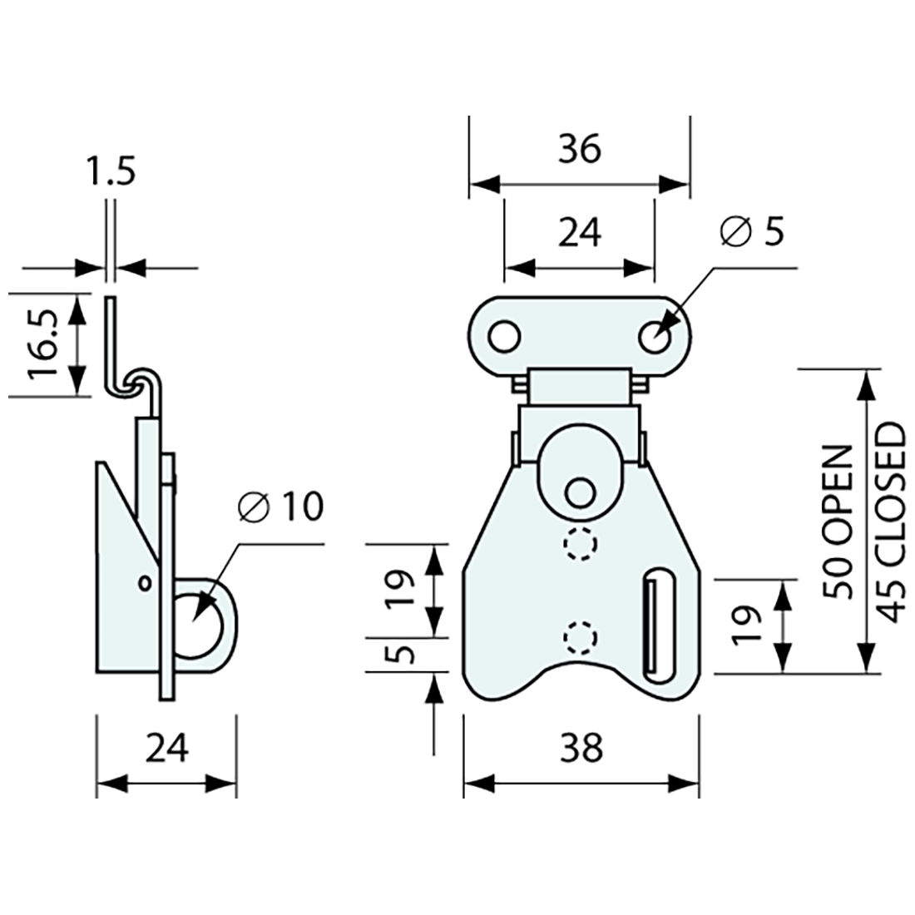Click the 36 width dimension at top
pyautogui.click(x=579, y=150)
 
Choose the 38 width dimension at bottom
pyautogui.click(x=580, y=749)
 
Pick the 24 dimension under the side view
pyautogui.click(x=167, y=749)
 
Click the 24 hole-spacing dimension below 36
pyautogui.click(x=579, y=234)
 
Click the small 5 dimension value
pyautogui.click(x=402, y=654)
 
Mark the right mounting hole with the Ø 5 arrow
pyautogui.click(x=655, y=337)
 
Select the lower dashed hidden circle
pyautogui.click(x=581, y=637)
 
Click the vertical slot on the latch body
pyautogui.click(x=656, y=621)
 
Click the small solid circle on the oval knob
pyautogui.click(x=579, y=490)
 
